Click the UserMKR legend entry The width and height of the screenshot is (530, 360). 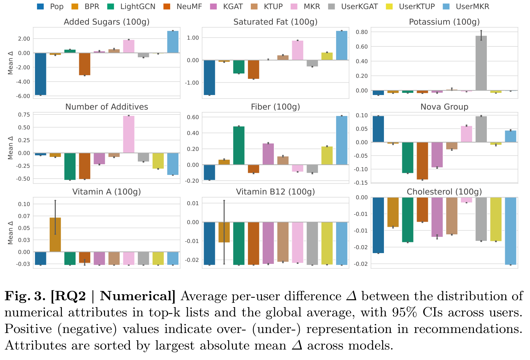point(472,6)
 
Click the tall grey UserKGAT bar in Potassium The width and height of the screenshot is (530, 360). point(481,63)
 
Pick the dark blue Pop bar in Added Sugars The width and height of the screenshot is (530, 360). point(40,74)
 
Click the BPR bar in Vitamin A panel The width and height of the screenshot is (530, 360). point(55,235)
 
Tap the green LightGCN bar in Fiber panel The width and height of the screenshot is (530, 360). point(239,145)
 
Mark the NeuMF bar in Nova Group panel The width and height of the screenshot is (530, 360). point(422,161)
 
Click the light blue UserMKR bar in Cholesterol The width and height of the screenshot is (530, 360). point(511,231)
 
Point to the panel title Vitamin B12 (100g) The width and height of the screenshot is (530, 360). point(275,192)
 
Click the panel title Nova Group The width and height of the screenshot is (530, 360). point(444,107)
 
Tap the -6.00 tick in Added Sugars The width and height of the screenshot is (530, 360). point(24,96)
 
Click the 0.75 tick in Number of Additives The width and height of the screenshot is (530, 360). point(24,115)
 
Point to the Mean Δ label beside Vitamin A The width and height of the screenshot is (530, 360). point(10,233)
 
